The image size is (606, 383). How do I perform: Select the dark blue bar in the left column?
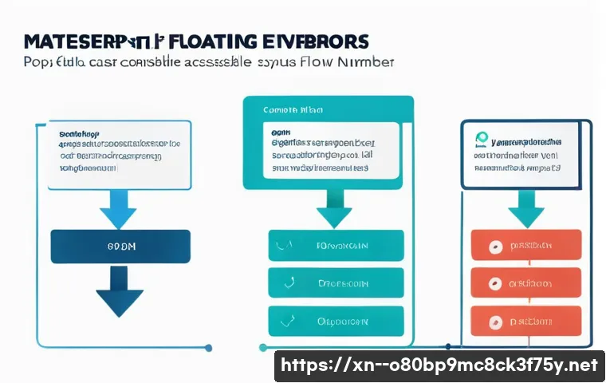tap(120, 247)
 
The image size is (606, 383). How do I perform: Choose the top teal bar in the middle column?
tap(336, 246)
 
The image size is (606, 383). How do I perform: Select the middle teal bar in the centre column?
tap(336, 282)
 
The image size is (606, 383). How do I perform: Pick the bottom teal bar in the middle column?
tap(336, 322)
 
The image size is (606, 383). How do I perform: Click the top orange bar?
tap(526, 247)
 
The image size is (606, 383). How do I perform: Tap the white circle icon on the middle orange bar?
tap(494, 283)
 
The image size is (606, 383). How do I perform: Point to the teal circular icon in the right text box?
tap(482, 138)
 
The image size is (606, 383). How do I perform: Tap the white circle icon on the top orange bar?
tap(494, 247)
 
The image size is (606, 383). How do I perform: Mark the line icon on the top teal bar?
tap(281, 246)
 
